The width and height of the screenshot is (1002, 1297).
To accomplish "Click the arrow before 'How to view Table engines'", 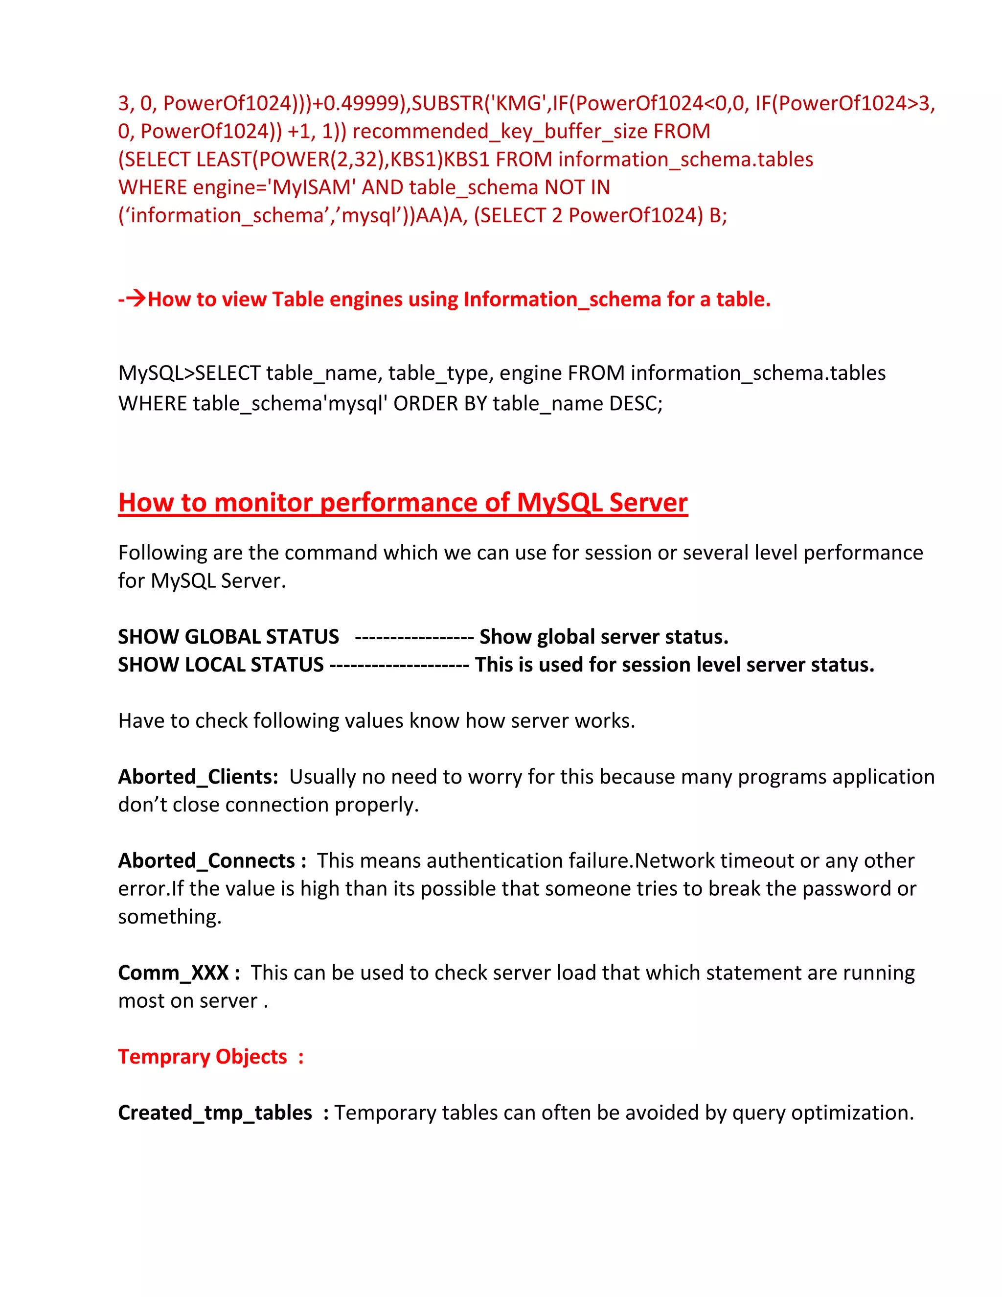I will (136, 299).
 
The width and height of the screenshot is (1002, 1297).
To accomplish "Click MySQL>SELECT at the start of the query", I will (189, 373).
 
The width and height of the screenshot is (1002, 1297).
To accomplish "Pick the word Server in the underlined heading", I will (648, 503).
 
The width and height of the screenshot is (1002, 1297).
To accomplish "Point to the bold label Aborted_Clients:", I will (198, 777).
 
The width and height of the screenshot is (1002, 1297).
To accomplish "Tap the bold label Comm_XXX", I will (173, 973).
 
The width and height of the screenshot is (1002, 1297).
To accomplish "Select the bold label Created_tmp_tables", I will (215, 1113).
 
